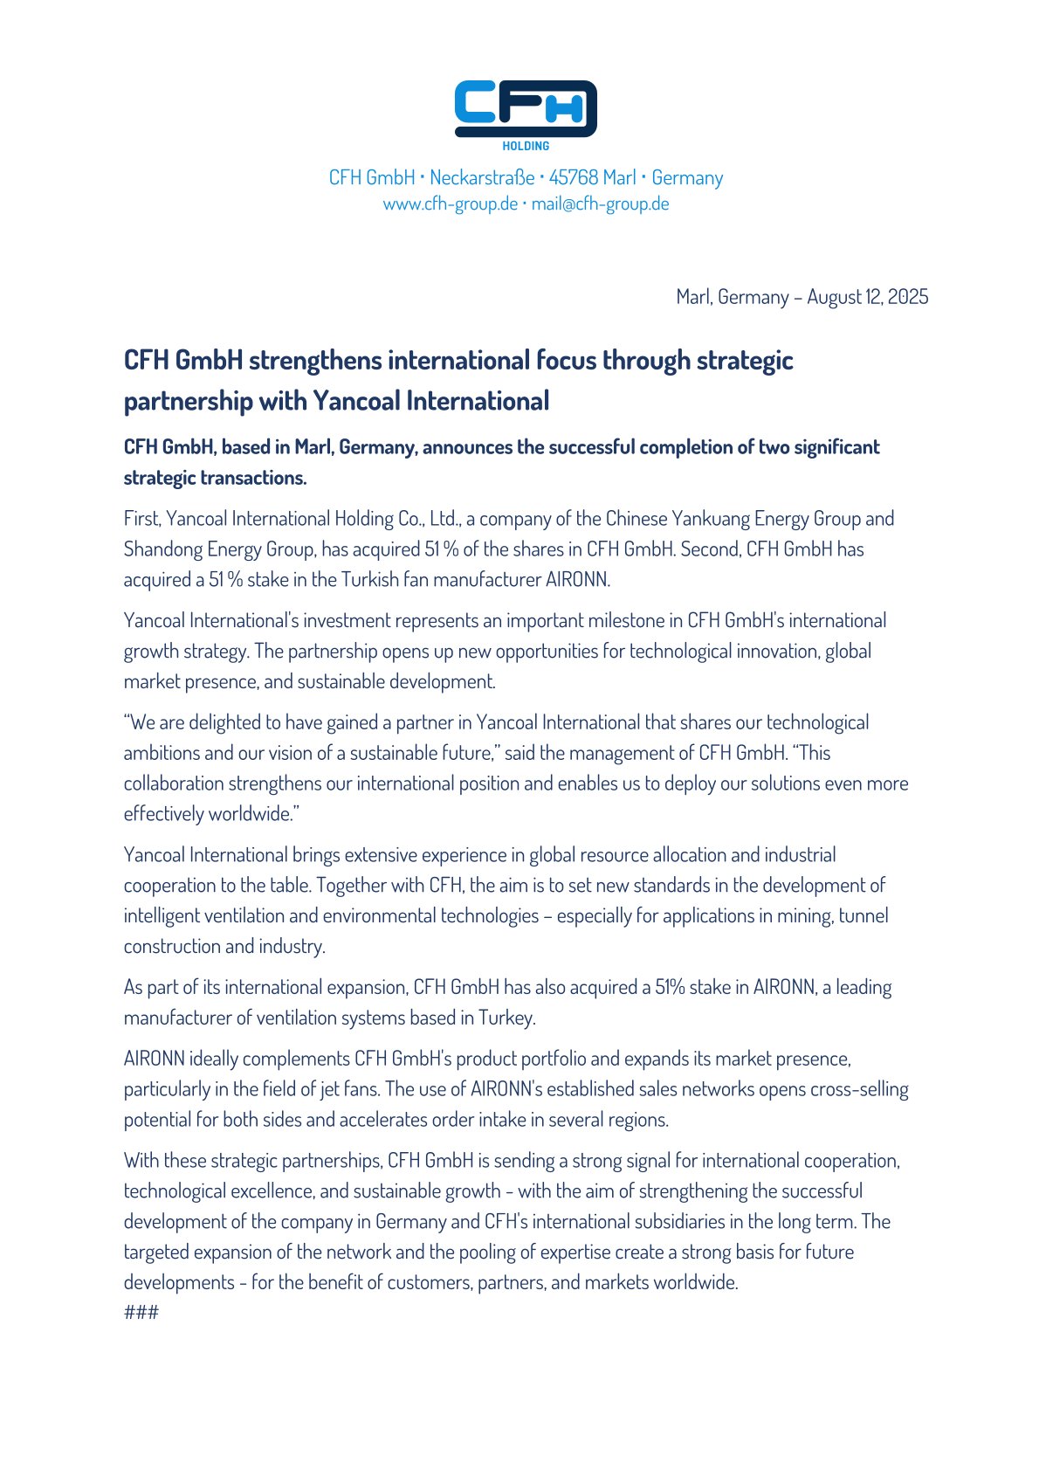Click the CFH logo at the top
pyautogui.click(x=526, y=108)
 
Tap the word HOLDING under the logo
pyautogui.click(x=526, y=146)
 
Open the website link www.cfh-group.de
pyautogui.click(x=450, y=204)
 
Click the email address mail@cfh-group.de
pyautogui.click(x=600, y=204)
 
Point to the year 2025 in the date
pyautogui.click(x=908, y=297)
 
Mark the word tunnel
pyautogui.click(x=864, y=916)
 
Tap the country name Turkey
pyautogui.click(x=506, y=1018)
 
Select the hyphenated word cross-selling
pyautogui.click(x=859, y=1090)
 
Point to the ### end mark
pyautogui.click(x=141, y=1313)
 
